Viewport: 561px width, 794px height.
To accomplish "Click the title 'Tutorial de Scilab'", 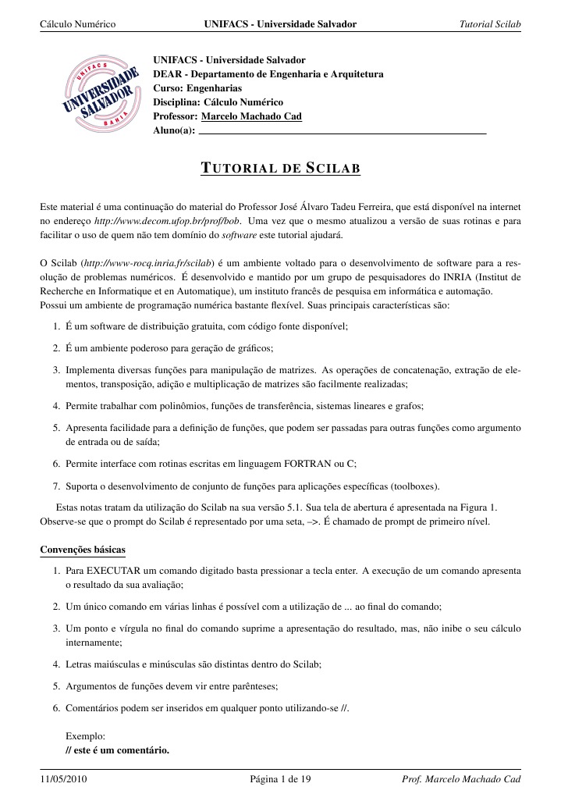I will click(280, 169).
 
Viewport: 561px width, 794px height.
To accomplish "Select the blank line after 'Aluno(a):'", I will click(343, 133).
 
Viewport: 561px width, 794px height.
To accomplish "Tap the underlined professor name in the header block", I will click(251, 116).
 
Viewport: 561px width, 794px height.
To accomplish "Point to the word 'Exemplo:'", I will click(85, 736).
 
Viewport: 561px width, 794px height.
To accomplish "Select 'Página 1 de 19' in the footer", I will click(280, 779).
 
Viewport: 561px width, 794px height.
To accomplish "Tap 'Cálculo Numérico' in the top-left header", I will click(77, 25).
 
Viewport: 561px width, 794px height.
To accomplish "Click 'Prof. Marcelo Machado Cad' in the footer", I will click(460, 779).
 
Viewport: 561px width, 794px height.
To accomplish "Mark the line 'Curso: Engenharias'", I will click(197, 88).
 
